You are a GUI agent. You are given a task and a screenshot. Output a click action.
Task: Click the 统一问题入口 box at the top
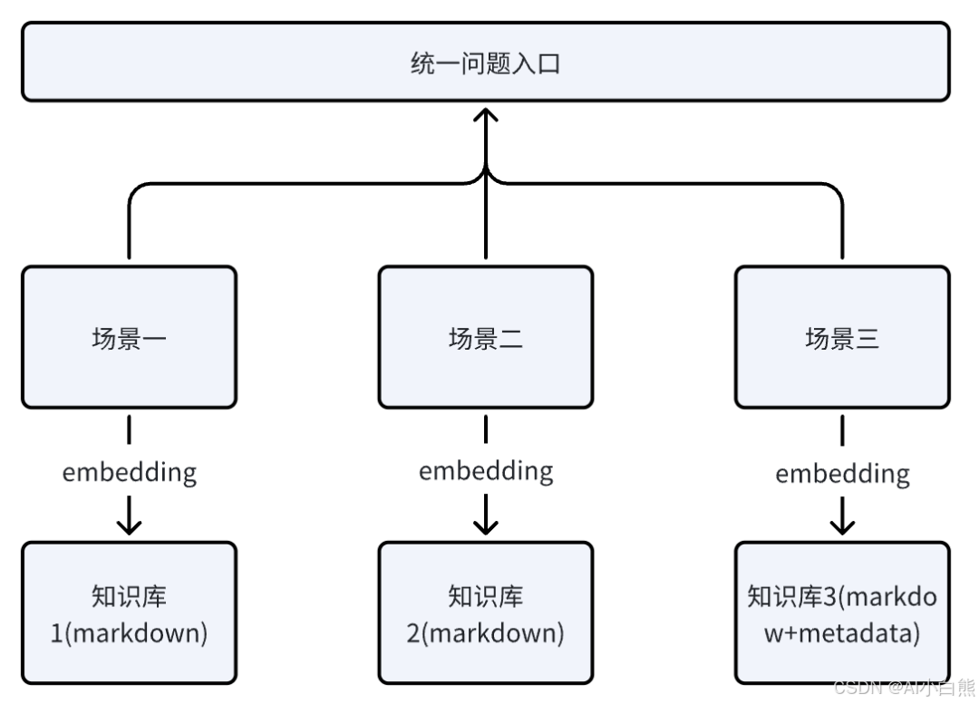pos(486,63)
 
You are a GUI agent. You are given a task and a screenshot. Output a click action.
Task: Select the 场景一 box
pos(129,337)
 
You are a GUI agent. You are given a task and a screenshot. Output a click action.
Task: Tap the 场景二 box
pos(486,337)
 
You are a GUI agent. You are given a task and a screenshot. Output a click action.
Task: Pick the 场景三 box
pos(842,337)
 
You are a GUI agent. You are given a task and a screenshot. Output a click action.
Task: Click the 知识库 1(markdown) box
pos(129,613)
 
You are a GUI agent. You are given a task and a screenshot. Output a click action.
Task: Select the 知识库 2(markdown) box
pos(486,613)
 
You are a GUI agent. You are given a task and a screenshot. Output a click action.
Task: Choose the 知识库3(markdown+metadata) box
pos(842,613)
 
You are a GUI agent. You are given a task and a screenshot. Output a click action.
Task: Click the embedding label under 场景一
pos(129,472)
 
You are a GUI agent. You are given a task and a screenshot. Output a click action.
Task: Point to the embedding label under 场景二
pos(486,471)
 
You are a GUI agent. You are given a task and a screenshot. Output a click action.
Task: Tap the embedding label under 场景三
pos(842,473)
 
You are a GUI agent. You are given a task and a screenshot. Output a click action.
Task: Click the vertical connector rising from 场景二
pos(486,217)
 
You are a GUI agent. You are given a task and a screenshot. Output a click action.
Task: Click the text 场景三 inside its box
pos(842,338)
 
